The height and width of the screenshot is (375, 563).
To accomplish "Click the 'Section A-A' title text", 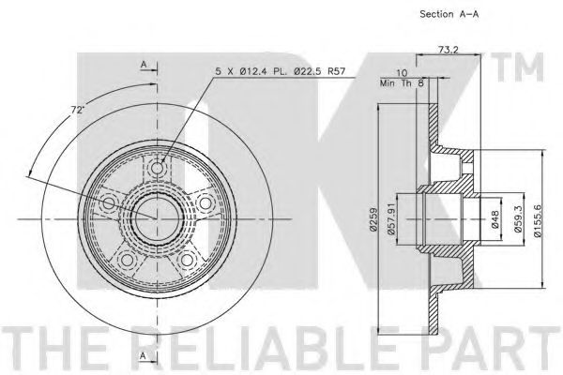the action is coord(449,14).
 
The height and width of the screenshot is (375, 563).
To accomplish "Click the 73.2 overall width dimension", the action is coord(449,50).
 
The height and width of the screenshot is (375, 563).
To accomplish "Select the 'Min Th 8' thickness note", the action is coord(402,83).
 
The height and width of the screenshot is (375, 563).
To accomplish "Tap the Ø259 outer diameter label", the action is coord(373,219).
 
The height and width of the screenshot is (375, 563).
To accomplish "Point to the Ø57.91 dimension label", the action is coord(391,218).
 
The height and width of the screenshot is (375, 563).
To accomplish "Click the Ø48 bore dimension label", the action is coord(495,219).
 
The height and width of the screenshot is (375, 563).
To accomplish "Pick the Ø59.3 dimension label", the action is coord(518,218).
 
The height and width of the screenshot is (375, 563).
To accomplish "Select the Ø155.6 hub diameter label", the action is coord(537,218).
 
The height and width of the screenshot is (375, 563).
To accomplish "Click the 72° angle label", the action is coord(76,110).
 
